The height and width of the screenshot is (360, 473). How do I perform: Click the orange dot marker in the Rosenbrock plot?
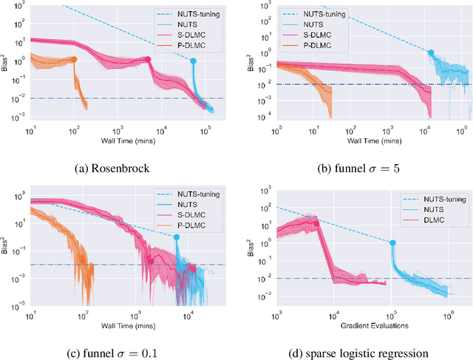coord(74,59)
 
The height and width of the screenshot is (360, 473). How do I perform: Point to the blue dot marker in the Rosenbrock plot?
coord(194,61)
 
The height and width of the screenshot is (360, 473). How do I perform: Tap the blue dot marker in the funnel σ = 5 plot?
coord(431,52)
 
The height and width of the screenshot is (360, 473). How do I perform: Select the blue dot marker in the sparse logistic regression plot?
coord(392,242)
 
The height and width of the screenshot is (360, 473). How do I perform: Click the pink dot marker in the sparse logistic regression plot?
coord(316,220)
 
